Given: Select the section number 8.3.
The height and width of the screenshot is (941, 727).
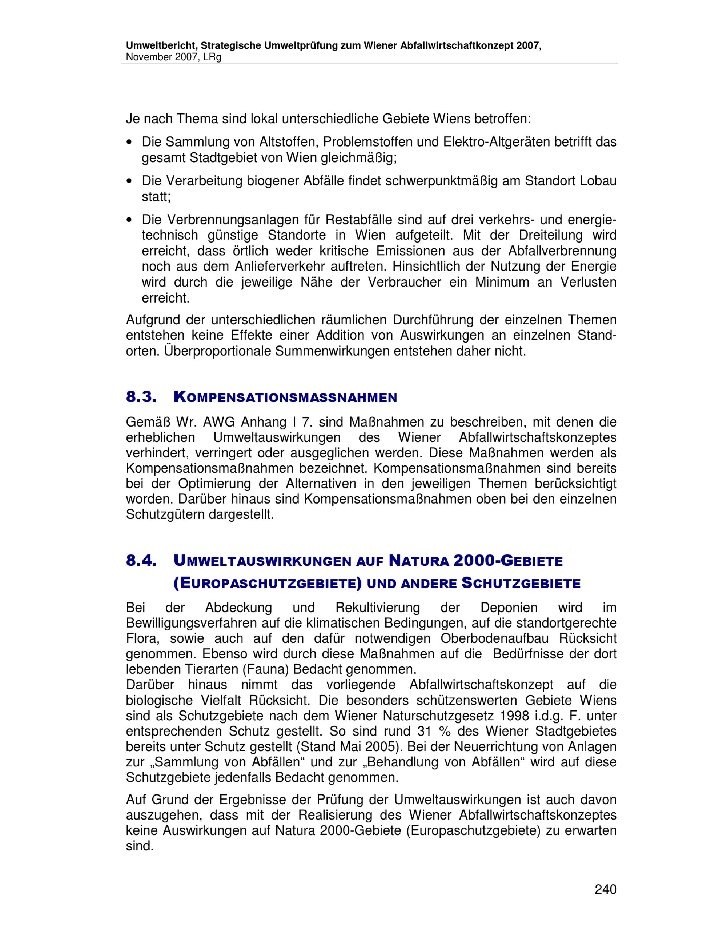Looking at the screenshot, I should coord(140,397).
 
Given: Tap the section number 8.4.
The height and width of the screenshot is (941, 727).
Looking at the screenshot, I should coord(140,561).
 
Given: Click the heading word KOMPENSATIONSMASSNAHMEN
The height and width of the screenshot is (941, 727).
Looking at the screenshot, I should coord(285,397).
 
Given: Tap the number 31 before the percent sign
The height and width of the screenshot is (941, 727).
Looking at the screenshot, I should coord(424,732).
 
